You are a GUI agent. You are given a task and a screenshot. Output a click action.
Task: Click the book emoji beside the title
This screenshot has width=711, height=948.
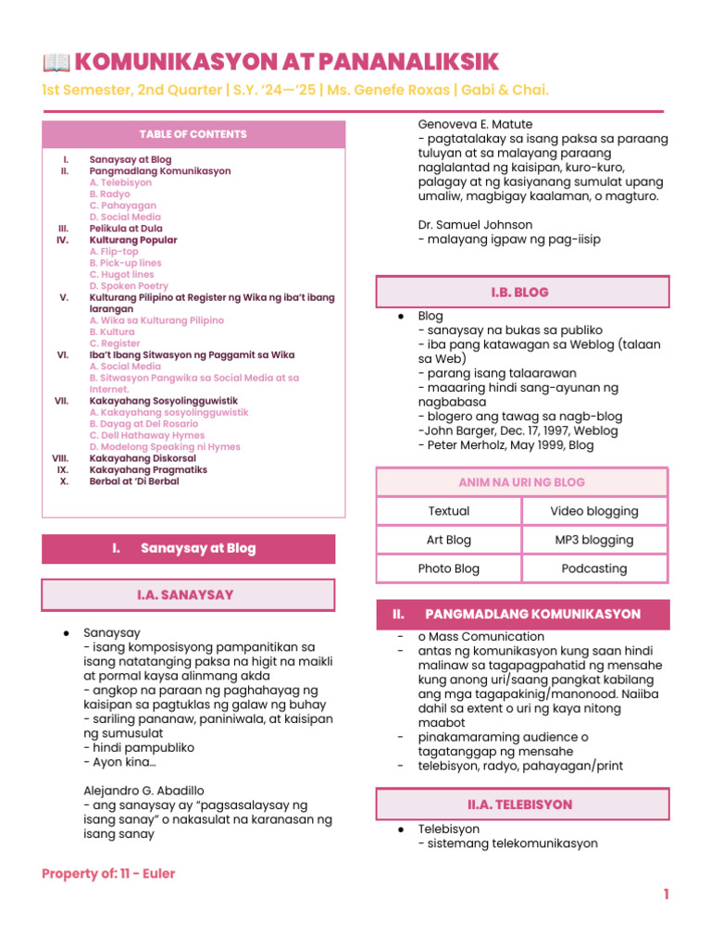[56, 63]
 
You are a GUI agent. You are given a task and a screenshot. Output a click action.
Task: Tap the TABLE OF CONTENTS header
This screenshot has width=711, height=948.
[193, 135]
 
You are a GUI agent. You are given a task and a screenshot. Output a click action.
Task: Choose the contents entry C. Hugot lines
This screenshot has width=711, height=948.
[122, 275]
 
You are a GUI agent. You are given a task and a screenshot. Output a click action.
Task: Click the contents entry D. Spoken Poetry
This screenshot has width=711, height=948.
[129, 287]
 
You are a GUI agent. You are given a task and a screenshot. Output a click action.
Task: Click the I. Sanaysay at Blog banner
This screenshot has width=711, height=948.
[189, 549]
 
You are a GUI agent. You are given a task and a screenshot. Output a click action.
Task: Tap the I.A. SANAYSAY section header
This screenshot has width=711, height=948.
[189, 595]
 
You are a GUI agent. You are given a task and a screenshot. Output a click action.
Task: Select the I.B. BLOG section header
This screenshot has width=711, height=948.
[521, 293]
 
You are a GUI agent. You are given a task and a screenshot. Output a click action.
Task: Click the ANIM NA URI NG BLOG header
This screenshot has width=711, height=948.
[521, 482]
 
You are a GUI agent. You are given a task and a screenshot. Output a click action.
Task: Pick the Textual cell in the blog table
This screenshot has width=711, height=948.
[449, 511]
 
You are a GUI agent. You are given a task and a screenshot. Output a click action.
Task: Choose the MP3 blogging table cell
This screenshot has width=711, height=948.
[594, 540]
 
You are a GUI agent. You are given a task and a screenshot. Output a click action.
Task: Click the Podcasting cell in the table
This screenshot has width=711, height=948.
[594, 568]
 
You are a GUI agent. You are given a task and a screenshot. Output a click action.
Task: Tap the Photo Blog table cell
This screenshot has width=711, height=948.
[449, 568]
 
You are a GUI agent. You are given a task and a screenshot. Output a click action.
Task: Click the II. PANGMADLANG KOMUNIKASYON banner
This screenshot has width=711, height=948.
[521, 615]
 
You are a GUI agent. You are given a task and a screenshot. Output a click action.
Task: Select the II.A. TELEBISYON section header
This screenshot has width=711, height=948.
[521, 805]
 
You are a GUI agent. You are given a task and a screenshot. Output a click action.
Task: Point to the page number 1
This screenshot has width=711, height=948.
[665, 894]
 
